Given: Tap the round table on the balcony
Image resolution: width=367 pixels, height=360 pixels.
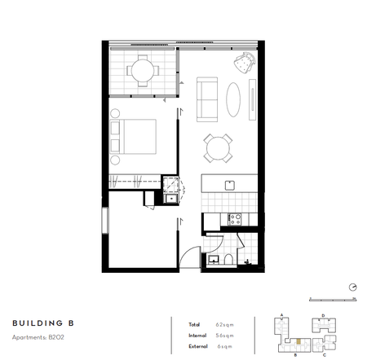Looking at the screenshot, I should pos(144,71).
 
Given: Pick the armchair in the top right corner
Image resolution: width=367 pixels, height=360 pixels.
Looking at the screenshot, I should pos(244,62).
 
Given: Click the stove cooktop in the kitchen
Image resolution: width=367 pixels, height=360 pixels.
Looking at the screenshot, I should pos(235,218).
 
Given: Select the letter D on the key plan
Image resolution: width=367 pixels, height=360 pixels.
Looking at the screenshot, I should pos(323,314).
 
